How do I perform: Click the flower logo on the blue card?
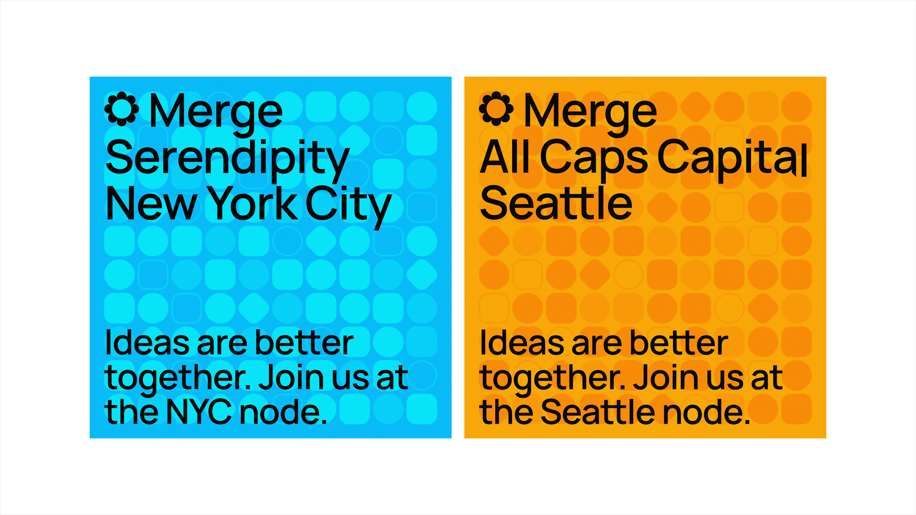point(121,109)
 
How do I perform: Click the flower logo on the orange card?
point(496,109)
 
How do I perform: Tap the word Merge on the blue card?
point(216,114)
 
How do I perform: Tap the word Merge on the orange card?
point(591,114)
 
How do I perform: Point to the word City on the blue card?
point(349,207)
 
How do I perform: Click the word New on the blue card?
point(151,203)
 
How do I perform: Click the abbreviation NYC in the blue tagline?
point(199,412)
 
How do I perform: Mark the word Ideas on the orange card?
point(522,343)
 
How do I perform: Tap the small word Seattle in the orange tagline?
point(597,412)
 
